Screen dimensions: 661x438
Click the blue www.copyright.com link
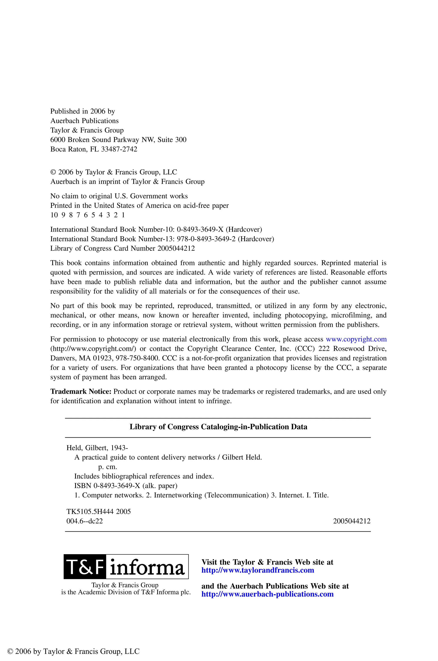pos(356,339)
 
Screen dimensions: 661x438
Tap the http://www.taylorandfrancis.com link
pos(257,570)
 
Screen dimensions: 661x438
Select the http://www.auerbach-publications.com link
pos(267,594)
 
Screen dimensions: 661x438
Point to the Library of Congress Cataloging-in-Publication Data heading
pos(218,427)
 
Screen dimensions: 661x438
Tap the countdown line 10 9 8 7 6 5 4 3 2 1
pos(87,215)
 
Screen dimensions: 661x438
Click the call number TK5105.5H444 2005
pos(98,511)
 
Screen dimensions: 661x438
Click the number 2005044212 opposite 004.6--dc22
pos(351,521)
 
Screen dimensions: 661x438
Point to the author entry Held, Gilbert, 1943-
pos(97,448)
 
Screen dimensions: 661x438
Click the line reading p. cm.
pos(108,467)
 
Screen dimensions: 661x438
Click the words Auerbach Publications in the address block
pos(84,121)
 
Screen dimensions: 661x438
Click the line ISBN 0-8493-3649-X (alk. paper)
pos(126,486)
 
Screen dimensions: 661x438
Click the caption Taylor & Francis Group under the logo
pos(125,585)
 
